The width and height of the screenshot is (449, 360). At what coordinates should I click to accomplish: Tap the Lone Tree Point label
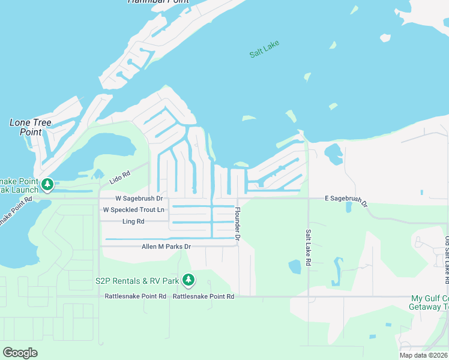31,127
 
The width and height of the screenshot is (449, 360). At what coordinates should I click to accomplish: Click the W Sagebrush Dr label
139,198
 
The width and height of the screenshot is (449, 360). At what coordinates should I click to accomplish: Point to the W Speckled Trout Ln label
133,209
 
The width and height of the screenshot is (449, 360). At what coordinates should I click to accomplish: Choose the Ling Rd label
133,221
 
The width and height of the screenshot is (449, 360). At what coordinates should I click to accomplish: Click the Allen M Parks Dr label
166,247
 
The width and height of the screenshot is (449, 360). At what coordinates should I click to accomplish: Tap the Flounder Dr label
238,225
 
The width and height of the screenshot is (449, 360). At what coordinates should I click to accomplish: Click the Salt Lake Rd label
308,247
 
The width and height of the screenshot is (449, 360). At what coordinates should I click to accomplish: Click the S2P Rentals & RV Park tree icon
188,280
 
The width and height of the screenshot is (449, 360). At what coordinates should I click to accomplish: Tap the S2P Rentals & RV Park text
137,281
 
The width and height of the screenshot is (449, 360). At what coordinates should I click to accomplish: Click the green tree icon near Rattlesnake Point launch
47,184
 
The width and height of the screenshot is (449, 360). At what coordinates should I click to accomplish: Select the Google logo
20,353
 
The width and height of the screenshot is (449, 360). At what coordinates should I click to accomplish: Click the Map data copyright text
423,355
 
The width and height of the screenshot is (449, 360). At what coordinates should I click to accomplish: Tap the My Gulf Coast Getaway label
429,302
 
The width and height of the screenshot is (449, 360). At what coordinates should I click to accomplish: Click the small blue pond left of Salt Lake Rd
294,266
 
